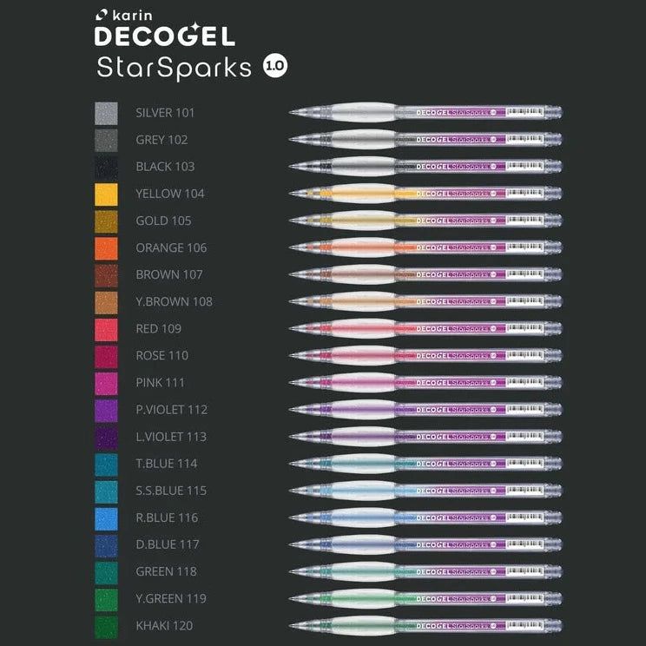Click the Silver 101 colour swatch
pos(106,113)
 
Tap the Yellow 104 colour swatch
pos(106,194)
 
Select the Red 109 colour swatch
pos(106,329)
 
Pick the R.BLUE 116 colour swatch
pos(106,518)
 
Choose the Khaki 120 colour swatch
pos(106,626)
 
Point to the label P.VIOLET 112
pos(171,410)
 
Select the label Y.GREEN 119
pos(171,599)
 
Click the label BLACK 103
pos(165,167)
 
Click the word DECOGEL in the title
pos(165,37)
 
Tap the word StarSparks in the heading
pos(175,69)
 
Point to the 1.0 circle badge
pos(275,68)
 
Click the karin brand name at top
pos(134,15)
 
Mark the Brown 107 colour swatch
pos(106,274)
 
